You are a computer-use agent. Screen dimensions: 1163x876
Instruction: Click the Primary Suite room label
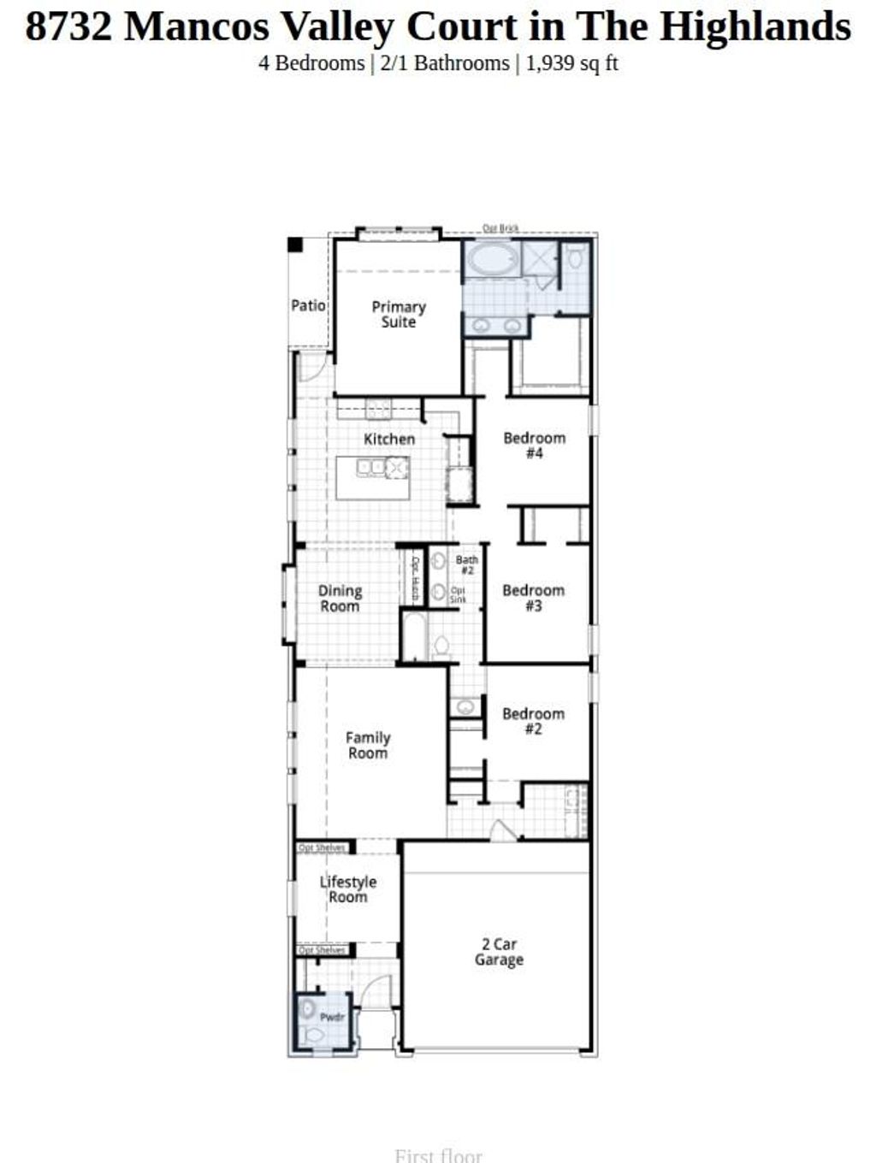tap(398, 314)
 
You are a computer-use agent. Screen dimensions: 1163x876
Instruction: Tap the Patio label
tap(308, 305)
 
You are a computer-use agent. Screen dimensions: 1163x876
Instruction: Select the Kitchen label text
tap(389, 439)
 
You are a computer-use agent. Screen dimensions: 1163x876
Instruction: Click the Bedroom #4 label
tap(534, 446)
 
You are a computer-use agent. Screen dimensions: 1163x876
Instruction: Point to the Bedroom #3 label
tap(533, 598)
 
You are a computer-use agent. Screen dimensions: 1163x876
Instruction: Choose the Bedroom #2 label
tap(533, 721)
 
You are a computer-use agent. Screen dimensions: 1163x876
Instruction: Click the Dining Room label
tap(340, 599)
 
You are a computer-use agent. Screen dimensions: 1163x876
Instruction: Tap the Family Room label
tap(368, 745)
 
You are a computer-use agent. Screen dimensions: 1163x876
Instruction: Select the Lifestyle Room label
tap(348, 889)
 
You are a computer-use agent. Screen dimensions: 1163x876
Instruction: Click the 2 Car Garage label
tap(499, 952)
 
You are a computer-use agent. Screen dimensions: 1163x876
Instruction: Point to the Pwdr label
tap(332, 1018)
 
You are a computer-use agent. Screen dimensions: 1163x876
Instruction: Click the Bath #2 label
tap(467, 565)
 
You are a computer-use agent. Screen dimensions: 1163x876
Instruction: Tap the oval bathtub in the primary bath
tap(491, 258)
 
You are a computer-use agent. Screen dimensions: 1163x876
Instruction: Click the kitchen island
tap(373, 478)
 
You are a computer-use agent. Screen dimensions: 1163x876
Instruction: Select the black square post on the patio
tap(295, 245)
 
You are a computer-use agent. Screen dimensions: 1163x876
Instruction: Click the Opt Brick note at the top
tap(500, 228)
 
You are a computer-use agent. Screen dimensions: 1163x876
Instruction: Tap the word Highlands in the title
tap(755, 27)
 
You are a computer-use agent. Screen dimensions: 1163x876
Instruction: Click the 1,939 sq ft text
tap(571, 63)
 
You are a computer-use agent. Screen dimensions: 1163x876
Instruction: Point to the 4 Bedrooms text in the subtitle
tap(311, 63)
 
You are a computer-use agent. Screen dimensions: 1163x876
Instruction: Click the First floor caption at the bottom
tap(438, 1155)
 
